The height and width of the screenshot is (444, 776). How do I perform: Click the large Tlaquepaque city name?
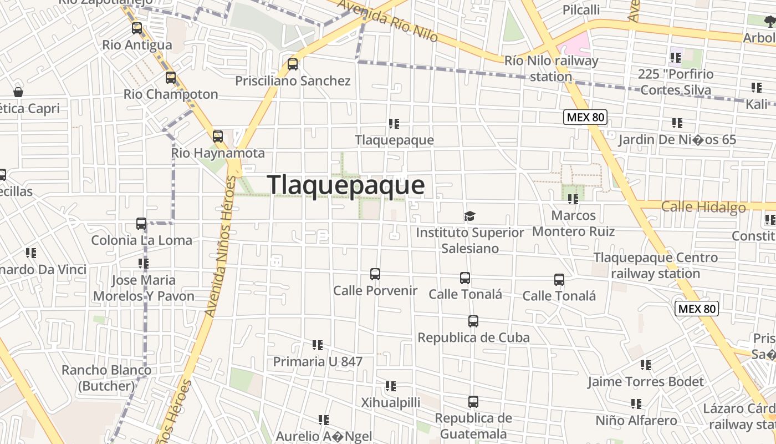pos(346,185)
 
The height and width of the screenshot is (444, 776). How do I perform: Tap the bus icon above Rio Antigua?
pos(137,28)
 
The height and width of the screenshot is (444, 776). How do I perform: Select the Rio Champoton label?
pos(171,94)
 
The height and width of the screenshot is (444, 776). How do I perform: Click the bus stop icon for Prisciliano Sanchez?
pos(293,64)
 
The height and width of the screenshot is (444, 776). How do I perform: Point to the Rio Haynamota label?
pos(218,153)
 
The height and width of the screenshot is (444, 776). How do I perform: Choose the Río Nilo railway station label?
pos(551,68)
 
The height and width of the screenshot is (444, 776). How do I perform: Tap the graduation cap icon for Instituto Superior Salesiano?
pos(470,215)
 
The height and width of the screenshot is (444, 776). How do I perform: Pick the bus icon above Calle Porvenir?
pos(375,274)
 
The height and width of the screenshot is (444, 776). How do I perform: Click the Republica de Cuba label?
pos(473,337)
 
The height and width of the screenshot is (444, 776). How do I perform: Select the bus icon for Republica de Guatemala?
pos(473,401)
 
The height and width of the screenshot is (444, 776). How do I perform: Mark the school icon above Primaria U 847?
pos(318,345)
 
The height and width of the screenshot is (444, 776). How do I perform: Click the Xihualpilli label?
pos(391,402)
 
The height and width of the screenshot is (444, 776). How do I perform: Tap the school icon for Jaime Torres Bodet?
pos(646,365)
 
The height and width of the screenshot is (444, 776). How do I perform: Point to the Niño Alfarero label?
pos(636,421)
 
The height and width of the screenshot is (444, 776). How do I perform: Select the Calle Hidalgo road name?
pos(703,207)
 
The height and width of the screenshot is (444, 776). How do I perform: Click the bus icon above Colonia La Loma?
pos(141,224)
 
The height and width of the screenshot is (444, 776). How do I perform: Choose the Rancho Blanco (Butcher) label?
pos(106,377)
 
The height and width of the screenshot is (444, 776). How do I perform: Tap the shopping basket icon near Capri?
pos(18,92)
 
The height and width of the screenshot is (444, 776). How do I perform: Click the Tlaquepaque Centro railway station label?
pos(656,265)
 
